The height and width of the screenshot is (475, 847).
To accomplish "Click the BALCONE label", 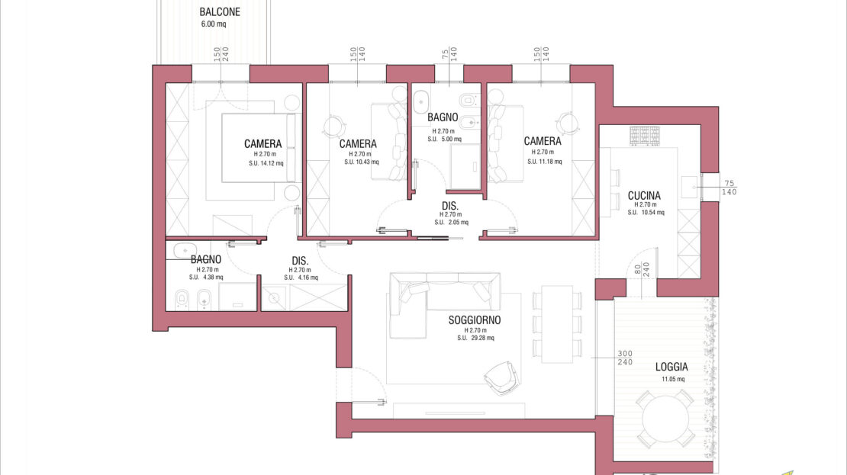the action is pos(220,12).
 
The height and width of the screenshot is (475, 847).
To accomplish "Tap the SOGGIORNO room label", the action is pos(475,320).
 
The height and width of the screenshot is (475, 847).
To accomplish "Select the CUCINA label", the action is pos(644,195).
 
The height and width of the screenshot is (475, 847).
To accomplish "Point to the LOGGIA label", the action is pos(671,367).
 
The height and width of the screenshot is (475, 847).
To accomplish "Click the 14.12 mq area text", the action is pos(266,163).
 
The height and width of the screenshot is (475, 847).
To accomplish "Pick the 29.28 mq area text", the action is pos(475,338).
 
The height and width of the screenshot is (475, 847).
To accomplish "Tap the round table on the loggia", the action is pos(665,419).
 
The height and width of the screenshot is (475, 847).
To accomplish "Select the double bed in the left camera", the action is pos(261,147).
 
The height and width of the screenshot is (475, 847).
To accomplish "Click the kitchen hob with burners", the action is pos(645,136).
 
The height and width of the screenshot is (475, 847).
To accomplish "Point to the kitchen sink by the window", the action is pos(689,187).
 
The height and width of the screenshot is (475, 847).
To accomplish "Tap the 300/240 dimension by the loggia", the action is pos(625,358).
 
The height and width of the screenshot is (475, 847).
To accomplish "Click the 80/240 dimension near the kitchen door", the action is pos(642,269).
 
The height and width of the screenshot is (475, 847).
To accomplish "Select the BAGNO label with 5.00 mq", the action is pos(443,117).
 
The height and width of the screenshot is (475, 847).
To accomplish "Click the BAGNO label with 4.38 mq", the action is pos(206,260).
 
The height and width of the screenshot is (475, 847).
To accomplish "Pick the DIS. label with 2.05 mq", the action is pos(450,206).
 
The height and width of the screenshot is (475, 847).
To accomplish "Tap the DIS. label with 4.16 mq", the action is pos(300,262).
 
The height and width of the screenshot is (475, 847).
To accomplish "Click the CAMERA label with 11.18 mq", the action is pos(543,141).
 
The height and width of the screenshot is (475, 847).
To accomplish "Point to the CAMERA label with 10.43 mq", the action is pos(358,143).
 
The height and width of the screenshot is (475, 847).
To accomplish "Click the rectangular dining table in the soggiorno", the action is pos(558,324).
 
